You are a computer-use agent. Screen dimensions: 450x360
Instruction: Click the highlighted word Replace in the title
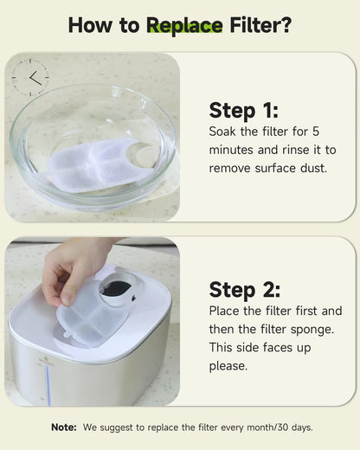(184, 25)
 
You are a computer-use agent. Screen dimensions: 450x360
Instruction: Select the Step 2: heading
(245, 290)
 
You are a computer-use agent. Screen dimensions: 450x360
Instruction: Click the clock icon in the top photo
(30, 77)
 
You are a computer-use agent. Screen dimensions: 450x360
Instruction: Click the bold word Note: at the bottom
(64, 427)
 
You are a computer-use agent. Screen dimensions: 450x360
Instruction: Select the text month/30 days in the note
(280, 427)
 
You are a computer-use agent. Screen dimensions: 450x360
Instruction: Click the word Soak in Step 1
(223, 132)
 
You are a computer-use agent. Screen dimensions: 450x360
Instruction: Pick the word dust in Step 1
(312, 169)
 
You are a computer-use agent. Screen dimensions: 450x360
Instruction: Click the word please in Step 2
(228, 365)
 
